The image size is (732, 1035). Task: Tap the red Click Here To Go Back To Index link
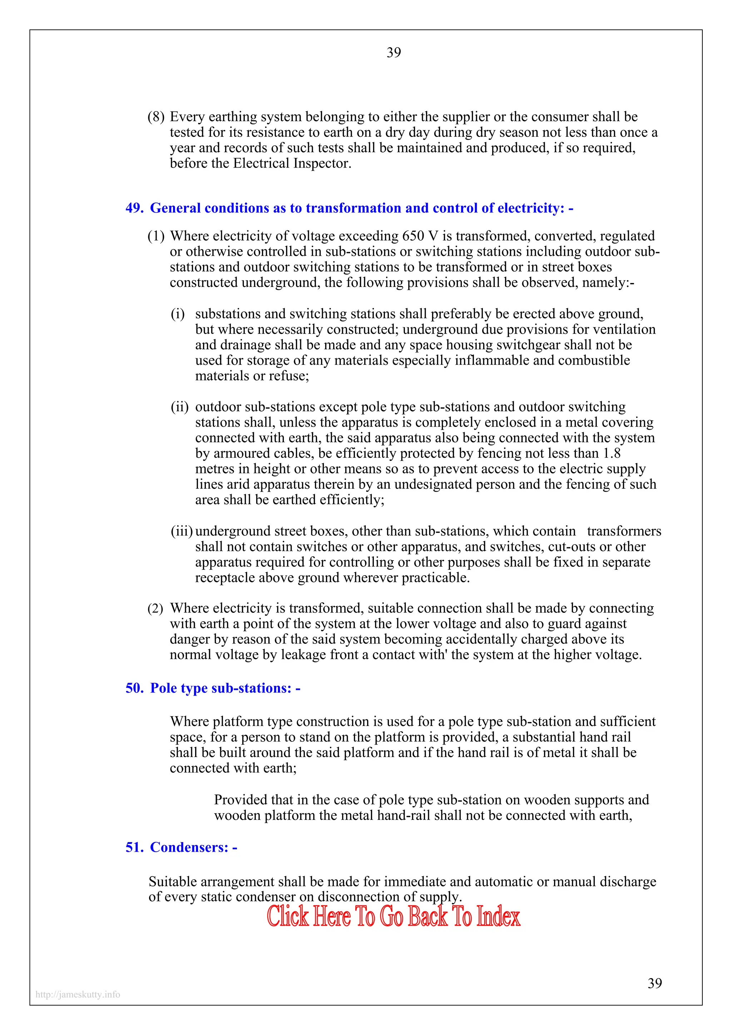tap(393, 916)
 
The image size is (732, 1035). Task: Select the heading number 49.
tap(134, 208)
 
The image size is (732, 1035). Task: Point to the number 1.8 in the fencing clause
tap(612, 453)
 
